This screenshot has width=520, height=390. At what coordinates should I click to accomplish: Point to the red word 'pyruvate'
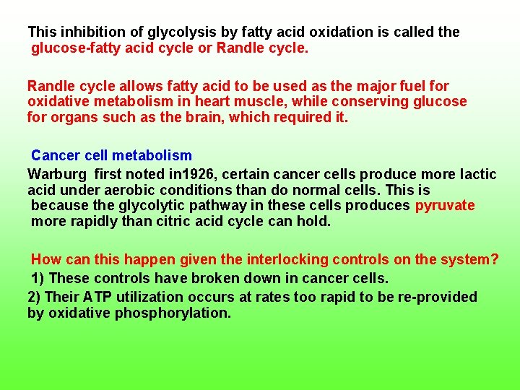pyautogui.click(x=445, y=206)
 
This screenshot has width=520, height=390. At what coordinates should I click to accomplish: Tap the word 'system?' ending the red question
pyautogui.click(x=472, y=259)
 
